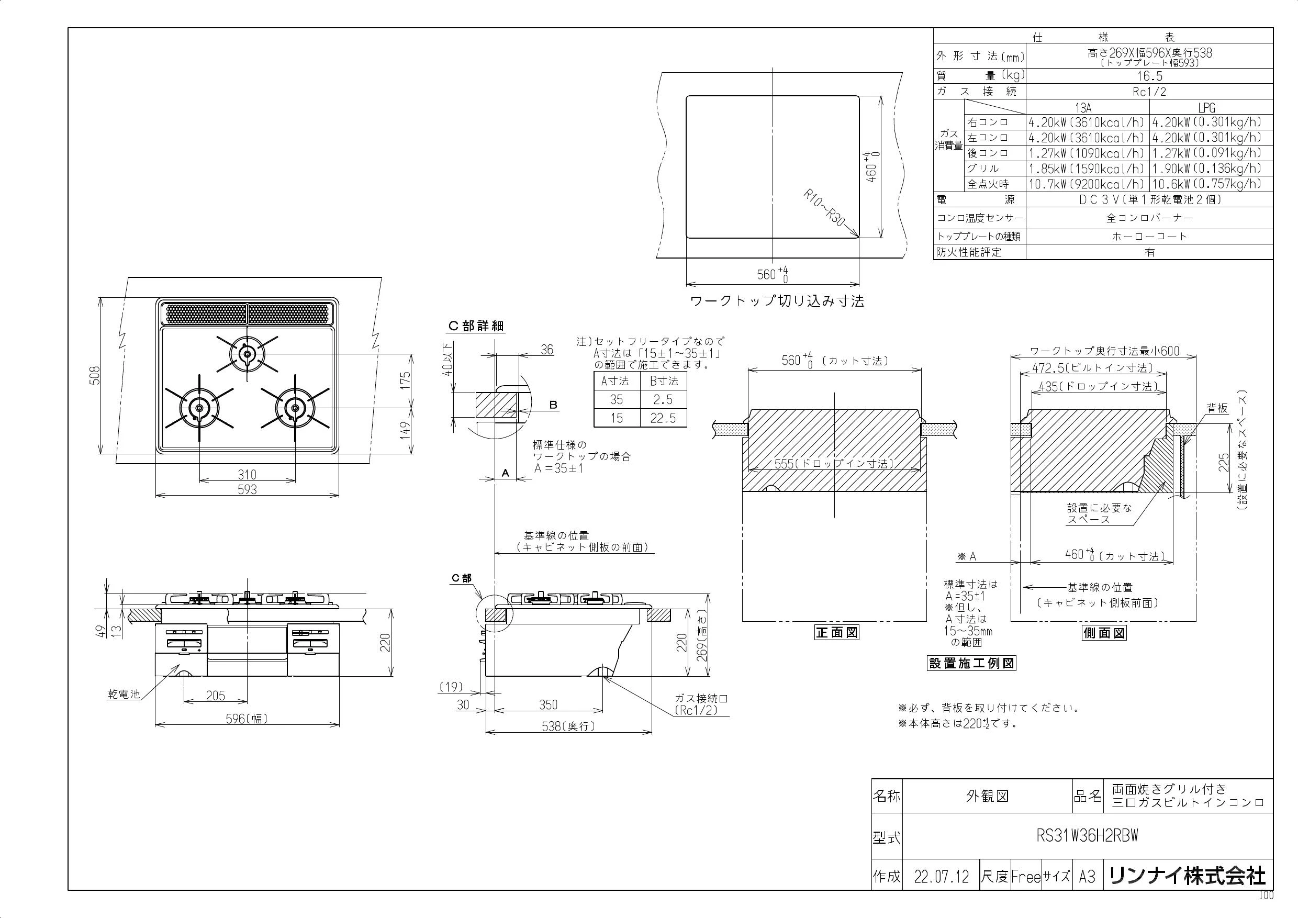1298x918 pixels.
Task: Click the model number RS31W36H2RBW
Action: point(1087,836)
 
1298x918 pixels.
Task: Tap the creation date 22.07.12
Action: point(941,877)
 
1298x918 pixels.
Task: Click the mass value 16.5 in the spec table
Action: point(1149,76)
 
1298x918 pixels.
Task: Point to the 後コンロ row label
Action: point(988,153)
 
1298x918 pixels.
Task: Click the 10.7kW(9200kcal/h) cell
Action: point(1087,184)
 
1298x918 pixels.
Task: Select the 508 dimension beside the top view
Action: point(94,375)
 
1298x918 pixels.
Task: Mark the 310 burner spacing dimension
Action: point(247,475)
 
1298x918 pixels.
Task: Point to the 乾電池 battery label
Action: point(124,694)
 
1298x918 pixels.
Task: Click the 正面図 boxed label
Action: point(837,633)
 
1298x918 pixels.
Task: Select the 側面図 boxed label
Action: point(1104,633)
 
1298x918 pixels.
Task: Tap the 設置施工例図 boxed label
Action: point(972,663)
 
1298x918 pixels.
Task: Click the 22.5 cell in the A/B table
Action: point(663,418)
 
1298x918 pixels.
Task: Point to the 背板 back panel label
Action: point(1217,408)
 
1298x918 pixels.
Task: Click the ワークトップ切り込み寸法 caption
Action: point(777,301)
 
